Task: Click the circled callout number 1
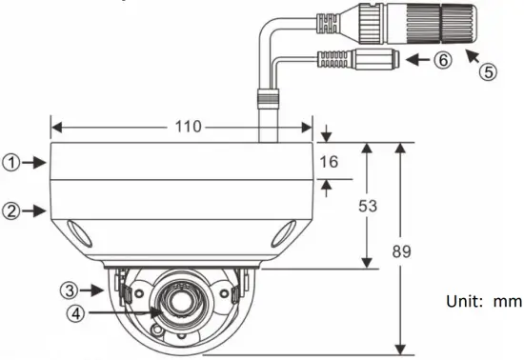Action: pyautogui.click(x=10, y=163)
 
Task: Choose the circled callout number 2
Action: pyautogui.click(x=10, y=210)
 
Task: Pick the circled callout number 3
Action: pyautogui.click(x=71, y=288)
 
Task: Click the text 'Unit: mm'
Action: pyautogui.click(x=484, y=301)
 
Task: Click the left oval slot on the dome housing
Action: pyautogui.click(x=78, y=232)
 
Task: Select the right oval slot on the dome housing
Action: pyautogui.click(x=284, y=233)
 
